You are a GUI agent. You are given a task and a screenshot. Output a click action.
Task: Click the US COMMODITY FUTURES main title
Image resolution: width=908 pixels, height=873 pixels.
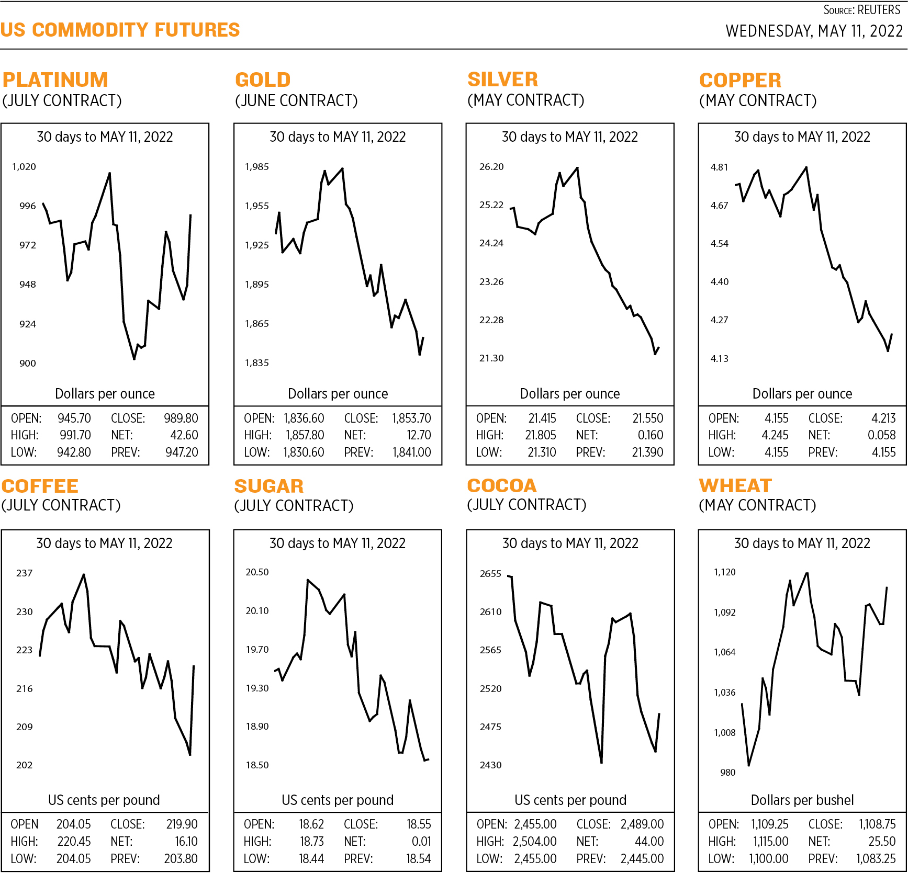[x=120, y=30]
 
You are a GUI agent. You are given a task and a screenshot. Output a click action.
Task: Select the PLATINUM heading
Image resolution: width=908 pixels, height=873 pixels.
[x=55, y=80]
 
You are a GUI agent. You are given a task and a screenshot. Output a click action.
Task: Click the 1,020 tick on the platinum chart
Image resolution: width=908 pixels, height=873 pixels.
[x=24, y=167]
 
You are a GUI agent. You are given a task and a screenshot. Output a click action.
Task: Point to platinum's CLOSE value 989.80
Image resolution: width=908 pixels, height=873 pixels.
[x=181, y=418]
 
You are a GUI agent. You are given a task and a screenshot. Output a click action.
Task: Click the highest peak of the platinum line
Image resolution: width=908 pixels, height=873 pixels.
[x=109, y=173]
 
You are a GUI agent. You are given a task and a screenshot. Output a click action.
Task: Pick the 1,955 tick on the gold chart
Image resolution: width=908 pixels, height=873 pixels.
[x=257, y=206]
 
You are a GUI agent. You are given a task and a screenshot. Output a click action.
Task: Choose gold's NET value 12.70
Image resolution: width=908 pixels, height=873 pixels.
[x=418, y=435]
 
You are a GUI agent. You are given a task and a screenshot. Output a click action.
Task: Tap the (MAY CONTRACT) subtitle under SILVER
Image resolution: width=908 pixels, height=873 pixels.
[x=525, y=100]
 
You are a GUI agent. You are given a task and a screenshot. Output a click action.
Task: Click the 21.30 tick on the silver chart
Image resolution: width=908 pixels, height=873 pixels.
[x=491, y=358]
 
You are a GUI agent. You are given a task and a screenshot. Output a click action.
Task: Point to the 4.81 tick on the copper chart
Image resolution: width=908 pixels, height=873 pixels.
[x=719, y=167]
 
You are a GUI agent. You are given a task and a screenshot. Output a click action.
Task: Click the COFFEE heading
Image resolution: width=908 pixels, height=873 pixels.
[x=40, y=486]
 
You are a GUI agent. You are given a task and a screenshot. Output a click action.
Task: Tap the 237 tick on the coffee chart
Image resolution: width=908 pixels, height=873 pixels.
[x=24, y=573]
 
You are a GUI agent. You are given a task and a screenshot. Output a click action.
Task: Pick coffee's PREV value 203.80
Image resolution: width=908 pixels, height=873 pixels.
[x=181, y=859]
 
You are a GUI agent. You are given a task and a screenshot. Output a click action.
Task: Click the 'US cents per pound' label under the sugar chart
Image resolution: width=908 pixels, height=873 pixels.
[x=338, y=800]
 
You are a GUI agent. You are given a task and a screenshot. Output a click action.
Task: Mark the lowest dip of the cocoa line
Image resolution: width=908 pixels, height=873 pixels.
[x=601, y=762]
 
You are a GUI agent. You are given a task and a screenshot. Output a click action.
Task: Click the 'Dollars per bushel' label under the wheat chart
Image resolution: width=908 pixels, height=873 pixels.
[x=802, y=800]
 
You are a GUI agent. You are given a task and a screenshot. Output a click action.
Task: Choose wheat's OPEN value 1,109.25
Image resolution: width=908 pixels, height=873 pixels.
[x=769, y=824]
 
